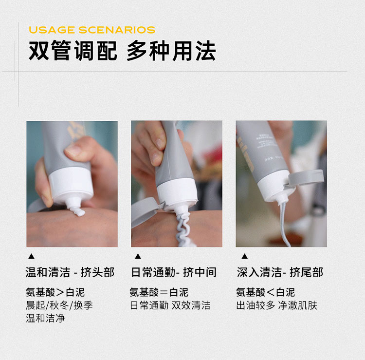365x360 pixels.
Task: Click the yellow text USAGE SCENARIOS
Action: [x=92, y=30]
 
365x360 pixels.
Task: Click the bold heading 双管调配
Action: [x=73, y=51]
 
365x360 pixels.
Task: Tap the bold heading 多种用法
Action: [x=171, y=51]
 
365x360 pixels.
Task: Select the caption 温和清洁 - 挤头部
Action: [x=70, y=272]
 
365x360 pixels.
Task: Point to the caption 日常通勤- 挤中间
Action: [x=174, y=272]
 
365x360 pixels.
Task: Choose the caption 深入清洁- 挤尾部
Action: [x=280, y=272]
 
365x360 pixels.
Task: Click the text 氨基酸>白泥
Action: [x=55, y=292]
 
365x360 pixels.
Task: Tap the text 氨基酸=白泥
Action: [x=159, y=292]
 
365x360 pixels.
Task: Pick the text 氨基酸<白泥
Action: [x=266, y=292]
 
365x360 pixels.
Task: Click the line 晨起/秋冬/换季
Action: [x=59, y=305]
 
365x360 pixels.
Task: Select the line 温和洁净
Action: [x=45, y=318]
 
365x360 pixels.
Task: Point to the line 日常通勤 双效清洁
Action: [x=170, y=305]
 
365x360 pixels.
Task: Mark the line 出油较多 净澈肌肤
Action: [x=277, y=305]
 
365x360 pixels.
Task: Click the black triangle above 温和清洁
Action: [x=31, y=257]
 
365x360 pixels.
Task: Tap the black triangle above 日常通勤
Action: [x=138, y=256]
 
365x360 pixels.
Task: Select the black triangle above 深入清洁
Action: [x=244, y=256]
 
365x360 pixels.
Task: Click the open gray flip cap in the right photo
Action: [x=306, y=177]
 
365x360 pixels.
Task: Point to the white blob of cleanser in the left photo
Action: [x=76, y=209]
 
